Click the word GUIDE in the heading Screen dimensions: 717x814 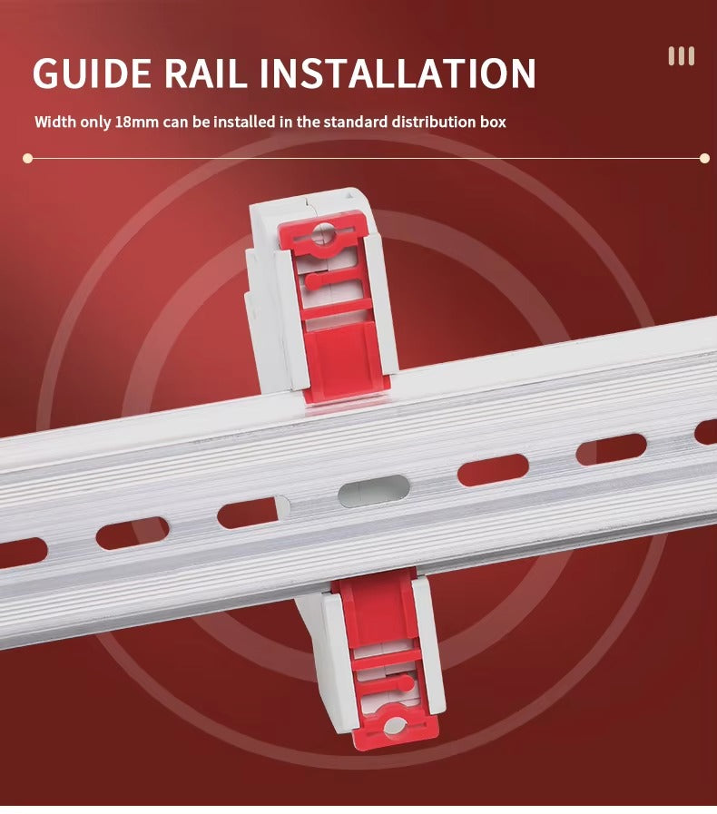[x=92, y=73]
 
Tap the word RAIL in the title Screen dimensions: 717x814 [x=206, y=73]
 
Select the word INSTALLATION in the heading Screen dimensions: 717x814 [x=398, y=73]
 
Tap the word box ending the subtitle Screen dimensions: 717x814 [x=491, y=122]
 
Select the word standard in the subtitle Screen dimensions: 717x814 [x=356, y=122]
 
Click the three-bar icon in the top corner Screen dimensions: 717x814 [x=682, y=56]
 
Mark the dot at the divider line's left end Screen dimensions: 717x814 [x=28, y=158]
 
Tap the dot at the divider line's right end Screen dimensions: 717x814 [x=704, y=158]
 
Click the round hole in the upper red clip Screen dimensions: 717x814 [x=323, y=233]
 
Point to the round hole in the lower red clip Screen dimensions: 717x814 [x=395, y=726]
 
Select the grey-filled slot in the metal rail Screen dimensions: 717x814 [x=374, y=491]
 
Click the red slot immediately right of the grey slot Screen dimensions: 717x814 [x=493, y=470]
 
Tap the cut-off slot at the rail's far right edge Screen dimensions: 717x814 [x=706, y=432]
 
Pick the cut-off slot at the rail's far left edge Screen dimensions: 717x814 [x=23, y=553]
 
